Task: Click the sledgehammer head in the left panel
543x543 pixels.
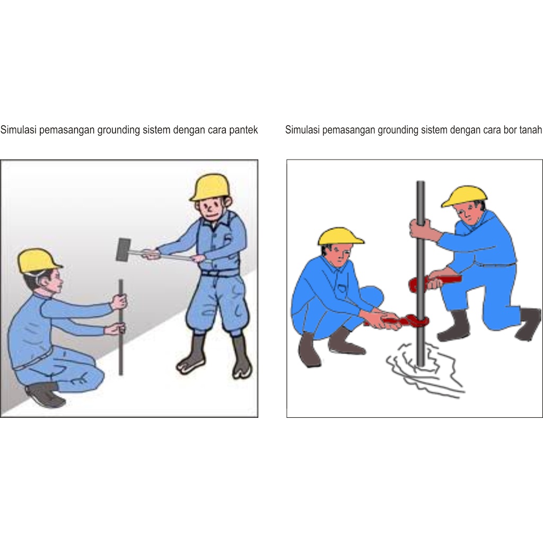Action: [123, 250]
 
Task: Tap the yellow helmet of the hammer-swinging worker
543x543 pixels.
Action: [210, 187]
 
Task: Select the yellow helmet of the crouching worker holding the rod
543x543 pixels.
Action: [38, 261]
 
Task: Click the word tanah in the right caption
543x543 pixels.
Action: [530, 130]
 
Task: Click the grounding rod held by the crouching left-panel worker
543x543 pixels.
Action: [121, 327]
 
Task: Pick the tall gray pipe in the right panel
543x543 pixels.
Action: [421, 274]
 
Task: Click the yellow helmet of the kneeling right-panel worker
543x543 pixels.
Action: [464, 197]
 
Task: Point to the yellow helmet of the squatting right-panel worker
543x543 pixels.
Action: [340, 237]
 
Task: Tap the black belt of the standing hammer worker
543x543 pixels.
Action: [221, 273]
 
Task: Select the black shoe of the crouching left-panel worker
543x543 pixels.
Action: [45, 395]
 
